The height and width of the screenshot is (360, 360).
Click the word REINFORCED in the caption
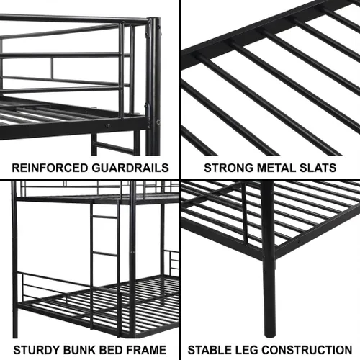pos(50,168)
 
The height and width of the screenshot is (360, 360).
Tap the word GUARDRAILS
pos(130,168)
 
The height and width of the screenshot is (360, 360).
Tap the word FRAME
pos(146,350)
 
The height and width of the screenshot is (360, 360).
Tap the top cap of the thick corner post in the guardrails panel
pos(154,18)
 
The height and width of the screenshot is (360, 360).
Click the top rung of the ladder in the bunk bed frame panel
pos(105,217)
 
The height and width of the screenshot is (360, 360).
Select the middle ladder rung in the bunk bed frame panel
pos(105,253)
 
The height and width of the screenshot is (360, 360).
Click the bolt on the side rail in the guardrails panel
pos(108,125)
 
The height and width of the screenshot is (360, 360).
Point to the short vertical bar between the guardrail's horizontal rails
pos(52,67)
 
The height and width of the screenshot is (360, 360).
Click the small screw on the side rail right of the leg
pos(299,242)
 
